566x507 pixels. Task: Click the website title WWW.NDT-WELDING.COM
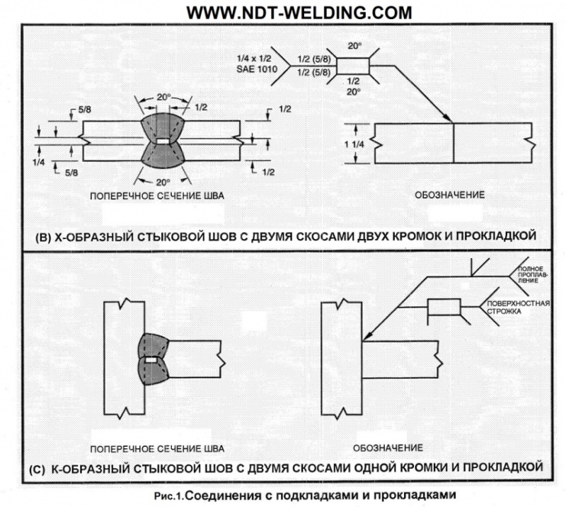pos(298,12)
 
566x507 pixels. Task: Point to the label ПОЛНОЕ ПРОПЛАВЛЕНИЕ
pos(531,275)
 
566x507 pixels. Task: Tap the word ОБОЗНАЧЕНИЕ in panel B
pos(451,195)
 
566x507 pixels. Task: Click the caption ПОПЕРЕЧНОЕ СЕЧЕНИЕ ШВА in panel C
pos(158,448)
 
